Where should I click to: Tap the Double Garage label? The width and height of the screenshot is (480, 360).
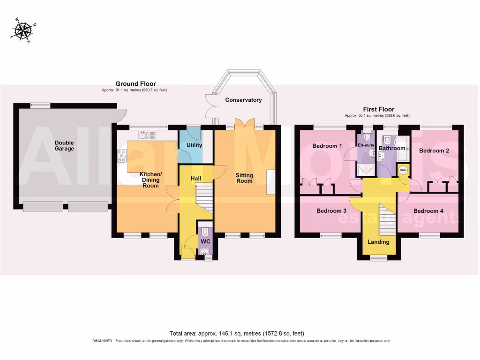pyautogui.click(x=64, y=146)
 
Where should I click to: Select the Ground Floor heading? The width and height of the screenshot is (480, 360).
pyautogui.click(x=135, y=84)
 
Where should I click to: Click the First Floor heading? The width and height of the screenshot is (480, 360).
pyautogui.click(x=378, y=109)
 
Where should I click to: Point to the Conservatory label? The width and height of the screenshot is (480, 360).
pyautogui.click(x=243, y=100)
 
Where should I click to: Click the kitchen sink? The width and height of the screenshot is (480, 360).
pyautogui.click(x=147, y=135)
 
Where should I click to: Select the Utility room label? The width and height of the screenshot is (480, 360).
pyautogui.click(x=194, y=145)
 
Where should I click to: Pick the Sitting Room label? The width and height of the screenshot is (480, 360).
pyautogui.click(x=244, y=178)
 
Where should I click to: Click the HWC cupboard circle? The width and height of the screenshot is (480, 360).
pyautogui.click(x=403, y=170)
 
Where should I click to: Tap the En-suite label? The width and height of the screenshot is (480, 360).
pyautogui.click(x=366, y=145)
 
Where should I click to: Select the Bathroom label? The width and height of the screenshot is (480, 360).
pyautogui.click(x=391, y=148)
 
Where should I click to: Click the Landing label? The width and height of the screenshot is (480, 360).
pyautogui.click(x=378, y=242)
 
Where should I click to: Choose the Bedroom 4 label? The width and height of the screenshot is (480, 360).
pyautogui.click(x=428, y=211)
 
